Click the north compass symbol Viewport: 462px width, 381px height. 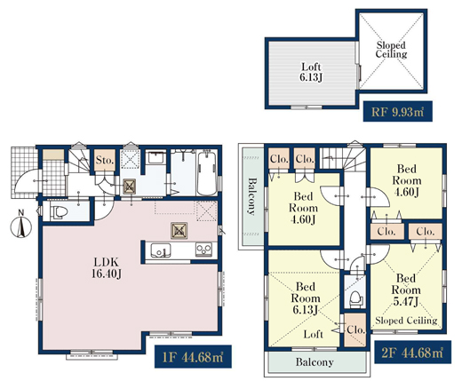(21, 226)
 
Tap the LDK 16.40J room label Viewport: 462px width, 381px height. (107, 268)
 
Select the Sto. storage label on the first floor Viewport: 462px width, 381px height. (105, 161)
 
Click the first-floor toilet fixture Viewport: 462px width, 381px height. (60, 212)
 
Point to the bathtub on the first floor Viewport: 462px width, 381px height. (207, 173)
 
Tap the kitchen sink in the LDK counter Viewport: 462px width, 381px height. (161, 250)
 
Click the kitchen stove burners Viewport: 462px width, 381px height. (203, 250)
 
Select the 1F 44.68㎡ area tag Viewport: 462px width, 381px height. (193, 357)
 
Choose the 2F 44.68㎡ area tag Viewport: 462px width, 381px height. (413, 353)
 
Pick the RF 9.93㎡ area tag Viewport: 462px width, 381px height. (397, 112)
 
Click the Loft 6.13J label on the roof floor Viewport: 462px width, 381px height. (311, 72)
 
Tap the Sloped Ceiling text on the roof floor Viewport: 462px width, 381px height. (391, 50)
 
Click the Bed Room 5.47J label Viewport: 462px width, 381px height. (406, 290)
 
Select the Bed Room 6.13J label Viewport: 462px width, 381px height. (306, 298)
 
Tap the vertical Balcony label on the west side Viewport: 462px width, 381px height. (251, 196)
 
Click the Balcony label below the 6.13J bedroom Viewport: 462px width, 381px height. (315, 361)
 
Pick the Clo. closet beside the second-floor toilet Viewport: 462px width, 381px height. (355, 329)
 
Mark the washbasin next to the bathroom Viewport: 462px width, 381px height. (156, 157)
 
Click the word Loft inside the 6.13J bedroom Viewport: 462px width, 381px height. (313, 334)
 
